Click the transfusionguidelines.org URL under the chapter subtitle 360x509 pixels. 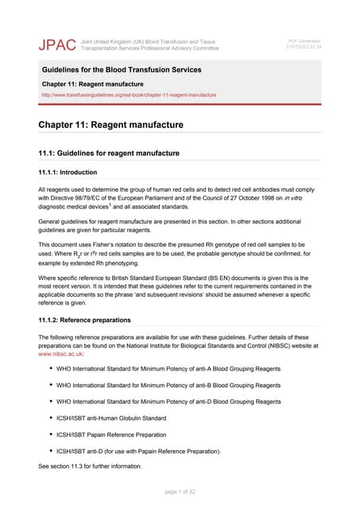[x=129, y=95]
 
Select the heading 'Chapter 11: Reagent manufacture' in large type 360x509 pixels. [x=110, y=125]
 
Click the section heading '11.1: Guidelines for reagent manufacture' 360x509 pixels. [x=109, y=153]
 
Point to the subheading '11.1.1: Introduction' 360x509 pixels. [x=68, y=172]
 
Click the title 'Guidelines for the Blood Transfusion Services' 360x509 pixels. [x=122, y=71]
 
